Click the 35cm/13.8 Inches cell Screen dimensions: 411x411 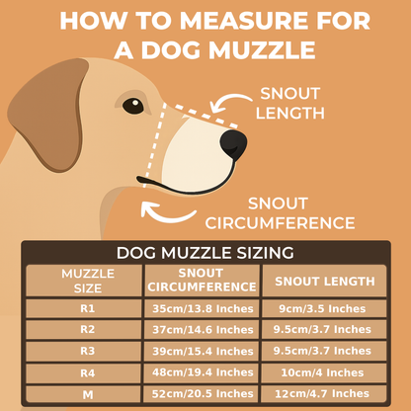coord(202,309)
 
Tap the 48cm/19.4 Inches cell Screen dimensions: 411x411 coord(202,371)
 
